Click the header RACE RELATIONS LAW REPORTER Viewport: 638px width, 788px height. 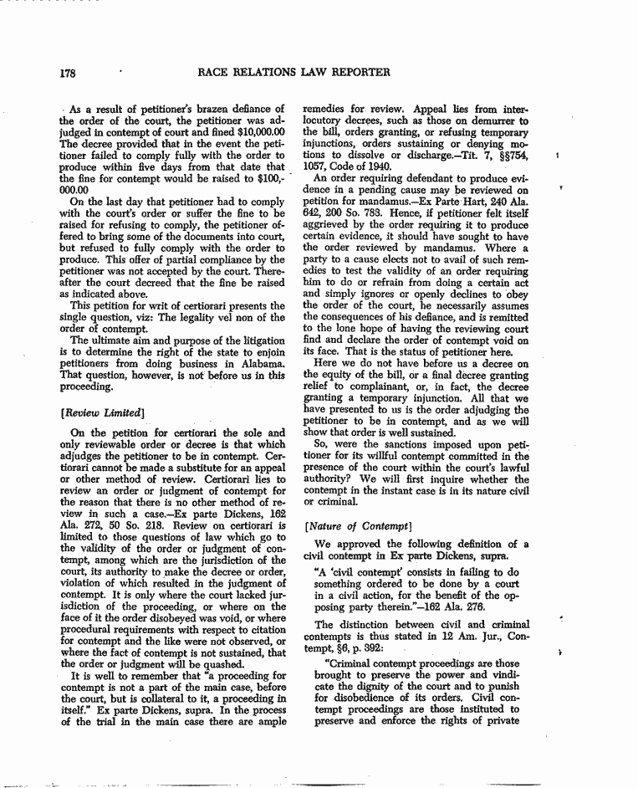(293, 72)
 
